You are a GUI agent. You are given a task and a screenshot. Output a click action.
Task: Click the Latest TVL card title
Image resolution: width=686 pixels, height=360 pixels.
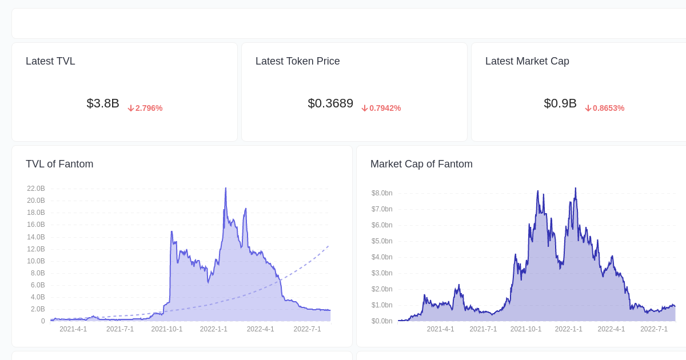click(50, 61)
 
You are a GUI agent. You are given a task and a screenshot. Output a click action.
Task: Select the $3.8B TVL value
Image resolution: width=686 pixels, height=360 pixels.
click(103, 103)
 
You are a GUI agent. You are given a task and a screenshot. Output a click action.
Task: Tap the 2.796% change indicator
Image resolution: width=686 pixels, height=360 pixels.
click(149, 108)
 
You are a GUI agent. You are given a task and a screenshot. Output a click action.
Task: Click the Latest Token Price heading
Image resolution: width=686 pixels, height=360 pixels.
click(297, 61)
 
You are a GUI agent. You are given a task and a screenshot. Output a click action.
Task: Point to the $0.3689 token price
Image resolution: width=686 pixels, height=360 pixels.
click(330, 103)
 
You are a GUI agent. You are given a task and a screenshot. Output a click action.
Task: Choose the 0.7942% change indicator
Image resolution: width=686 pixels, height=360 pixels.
click(385, 108)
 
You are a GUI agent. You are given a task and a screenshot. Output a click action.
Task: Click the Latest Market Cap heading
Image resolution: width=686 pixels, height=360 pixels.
click(527, 61)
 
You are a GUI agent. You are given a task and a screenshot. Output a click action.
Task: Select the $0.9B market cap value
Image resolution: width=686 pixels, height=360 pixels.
click(560, 103)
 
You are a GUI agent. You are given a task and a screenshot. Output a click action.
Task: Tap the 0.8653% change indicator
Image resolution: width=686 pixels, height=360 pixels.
click(608, 108)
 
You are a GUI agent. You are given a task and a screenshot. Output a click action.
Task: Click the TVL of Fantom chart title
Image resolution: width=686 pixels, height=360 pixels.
click(59, 164)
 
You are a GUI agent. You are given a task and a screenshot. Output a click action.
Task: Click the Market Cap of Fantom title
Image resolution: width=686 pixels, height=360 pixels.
click(421, 164)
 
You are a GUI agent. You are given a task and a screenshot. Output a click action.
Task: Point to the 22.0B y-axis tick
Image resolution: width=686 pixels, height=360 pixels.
click(36, 189)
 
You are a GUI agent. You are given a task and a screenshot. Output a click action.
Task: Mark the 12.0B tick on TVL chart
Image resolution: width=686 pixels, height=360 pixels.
click(36, 249)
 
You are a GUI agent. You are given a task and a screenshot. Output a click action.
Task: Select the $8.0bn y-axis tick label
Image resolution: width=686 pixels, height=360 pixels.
click(382, 193)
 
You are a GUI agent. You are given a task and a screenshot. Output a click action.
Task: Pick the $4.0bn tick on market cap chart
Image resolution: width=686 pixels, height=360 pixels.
click(382, 257)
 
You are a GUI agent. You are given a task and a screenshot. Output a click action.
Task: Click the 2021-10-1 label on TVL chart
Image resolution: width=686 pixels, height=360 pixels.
click(167, 329)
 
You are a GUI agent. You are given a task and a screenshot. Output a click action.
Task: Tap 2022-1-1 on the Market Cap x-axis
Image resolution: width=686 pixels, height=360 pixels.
click(568, 329)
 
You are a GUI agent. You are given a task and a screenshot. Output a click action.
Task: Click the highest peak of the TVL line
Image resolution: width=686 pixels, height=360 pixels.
click(226, 188)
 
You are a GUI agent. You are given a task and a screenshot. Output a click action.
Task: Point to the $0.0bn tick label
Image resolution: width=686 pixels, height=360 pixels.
click(382, 321)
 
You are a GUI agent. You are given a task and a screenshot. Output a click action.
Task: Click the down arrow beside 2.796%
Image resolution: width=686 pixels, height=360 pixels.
click(131, 108)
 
